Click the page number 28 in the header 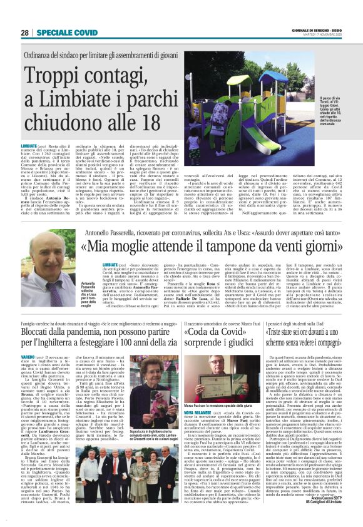pyautogui.click(x=25, y=32)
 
